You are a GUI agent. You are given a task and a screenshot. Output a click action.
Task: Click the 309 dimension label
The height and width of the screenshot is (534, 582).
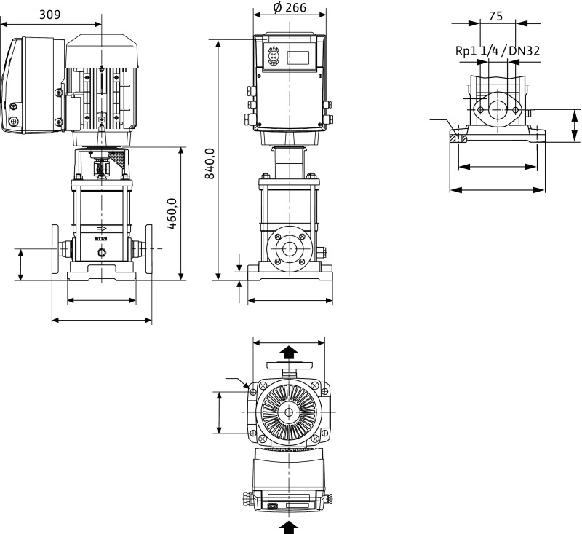tap(49, 15)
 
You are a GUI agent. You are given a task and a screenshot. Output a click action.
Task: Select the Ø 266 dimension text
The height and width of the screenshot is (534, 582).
tap(290, 7)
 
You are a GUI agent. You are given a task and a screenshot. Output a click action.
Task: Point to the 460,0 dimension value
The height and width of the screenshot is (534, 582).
tap(172, 213)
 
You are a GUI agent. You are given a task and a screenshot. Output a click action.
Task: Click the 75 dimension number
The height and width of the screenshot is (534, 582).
tap(495, 16)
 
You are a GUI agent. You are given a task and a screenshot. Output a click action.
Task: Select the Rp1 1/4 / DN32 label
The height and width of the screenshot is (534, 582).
tap(498, 50)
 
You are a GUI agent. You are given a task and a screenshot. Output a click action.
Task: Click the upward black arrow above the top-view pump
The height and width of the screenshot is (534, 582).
tap(289, 352)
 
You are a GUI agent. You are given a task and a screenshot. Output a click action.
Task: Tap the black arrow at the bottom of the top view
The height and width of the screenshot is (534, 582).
tap(289, 527)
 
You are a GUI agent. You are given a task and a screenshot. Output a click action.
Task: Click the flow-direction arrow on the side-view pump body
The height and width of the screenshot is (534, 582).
tap(101, 229)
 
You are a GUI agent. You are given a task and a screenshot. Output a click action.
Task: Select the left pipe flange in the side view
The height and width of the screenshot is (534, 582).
tap(55, 248)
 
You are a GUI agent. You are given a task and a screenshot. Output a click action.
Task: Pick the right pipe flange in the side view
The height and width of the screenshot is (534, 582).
tap(149, 248)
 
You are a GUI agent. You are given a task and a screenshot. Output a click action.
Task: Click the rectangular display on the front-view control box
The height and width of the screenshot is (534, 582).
tap(298, 58)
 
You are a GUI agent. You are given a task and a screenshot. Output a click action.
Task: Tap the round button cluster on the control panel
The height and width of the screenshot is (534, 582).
tap(274, 56)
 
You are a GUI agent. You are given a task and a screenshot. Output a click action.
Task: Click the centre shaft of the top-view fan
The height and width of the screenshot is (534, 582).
tap(289, 412)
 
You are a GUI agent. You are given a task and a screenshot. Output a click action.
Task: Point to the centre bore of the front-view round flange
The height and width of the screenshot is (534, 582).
tap(289, 248)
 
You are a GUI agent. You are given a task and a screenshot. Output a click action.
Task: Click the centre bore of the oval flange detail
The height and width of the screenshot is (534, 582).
tap(498, 109)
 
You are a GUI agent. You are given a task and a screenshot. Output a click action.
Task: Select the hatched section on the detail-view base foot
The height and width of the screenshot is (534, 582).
tap(459, 137)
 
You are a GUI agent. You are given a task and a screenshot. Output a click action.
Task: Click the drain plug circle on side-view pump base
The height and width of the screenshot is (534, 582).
tap(101, 253)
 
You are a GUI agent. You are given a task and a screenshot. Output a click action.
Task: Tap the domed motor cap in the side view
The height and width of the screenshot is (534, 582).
tap(101, 51)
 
